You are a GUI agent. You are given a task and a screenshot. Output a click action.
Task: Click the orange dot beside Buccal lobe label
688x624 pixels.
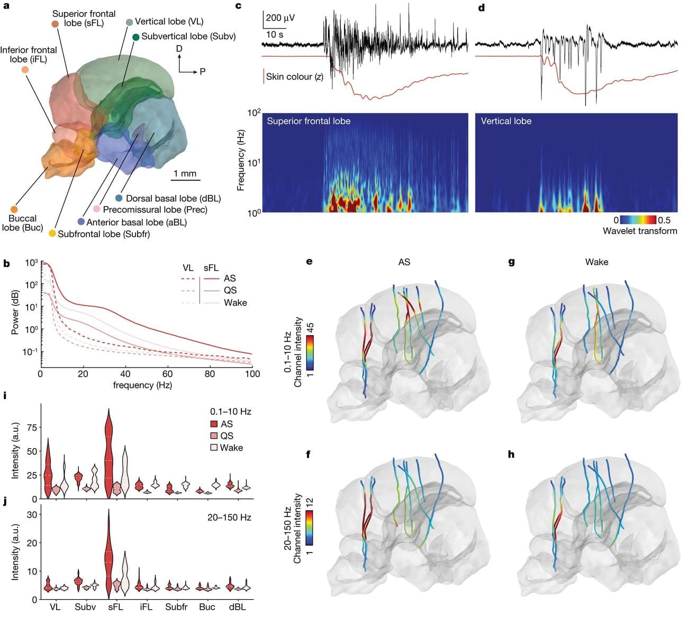pos(14,210)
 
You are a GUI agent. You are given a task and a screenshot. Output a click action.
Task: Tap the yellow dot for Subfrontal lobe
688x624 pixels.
pos(52,234)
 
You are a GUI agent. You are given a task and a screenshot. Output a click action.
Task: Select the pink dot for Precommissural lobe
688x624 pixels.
pos(97,210)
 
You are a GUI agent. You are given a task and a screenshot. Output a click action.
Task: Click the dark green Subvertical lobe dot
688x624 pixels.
pos(136,37)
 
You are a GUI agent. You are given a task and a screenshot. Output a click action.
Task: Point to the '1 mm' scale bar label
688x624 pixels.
pos(185,173)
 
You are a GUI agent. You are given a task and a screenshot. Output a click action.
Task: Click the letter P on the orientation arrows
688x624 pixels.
pos(202,72)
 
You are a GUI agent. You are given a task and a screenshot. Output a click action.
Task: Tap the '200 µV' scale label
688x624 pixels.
pos(280,17)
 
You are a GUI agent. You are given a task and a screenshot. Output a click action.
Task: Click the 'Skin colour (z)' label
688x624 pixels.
pos(294,77)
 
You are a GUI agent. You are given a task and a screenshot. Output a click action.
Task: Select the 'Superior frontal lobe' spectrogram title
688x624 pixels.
pos(309,121)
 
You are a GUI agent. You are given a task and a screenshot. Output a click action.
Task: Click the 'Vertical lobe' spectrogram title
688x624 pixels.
pos(506,121)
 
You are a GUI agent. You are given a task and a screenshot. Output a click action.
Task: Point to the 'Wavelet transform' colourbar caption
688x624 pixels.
pos(640,231)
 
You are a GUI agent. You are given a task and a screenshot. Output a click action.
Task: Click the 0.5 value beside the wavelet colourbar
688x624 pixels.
pos(664,220)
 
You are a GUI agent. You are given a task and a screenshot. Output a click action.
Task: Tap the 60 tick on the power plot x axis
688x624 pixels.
pos(167,373)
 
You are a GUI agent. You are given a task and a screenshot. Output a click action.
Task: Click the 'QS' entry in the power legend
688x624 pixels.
pos(230,290)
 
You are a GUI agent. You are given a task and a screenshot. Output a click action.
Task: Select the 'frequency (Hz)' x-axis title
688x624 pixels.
pos(142,385)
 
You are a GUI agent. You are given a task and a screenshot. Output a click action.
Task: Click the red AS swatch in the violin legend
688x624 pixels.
pos(214,424)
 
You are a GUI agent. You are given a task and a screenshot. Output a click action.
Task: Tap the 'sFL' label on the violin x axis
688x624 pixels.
pos(115,607)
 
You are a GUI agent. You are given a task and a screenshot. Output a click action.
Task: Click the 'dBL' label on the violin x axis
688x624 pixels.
pos(237,607)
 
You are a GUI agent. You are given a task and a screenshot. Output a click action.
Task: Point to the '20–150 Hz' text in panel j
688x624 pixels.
pos(229,517)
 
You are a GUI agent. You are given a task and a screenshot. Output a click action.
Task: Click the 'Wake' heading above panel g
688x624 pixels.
pos(596,262)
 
